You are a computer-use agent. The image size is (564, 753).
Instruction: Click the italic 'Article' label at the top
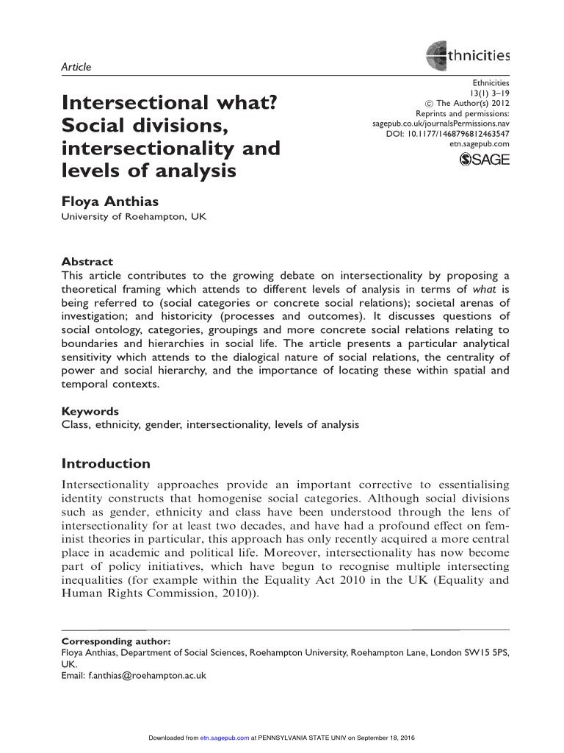pos(76,67)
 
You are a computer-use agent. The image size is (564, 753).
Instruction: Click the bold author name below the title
pos(111,201)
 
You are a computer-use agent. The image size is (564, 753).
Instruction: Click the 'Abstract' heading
pos(87,261)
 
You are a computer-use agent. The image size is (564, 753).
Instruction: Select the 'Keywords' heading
pos(90,411)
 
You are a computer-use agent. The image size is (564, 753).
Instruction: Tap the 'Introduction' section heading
pos(106,464)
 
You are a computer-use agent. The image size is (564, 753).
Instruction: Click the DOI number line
pos(447,134)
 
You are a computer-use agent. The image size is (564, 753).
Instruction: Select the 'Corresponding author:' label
pos(115,641)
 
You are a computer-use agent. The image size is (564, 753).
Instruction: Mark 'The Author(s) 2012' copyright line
pos(468,104)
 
